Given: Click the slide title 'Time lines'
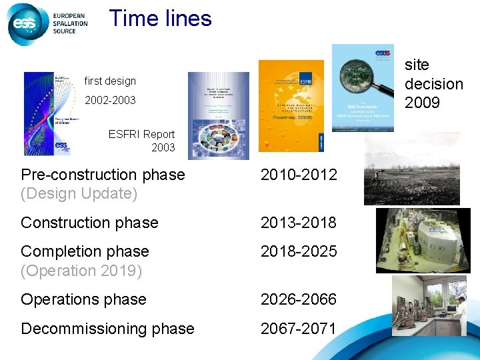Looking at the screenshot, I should click(x=160, y=18).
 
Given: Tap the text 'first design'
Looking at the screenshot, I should click(x=110, y=81).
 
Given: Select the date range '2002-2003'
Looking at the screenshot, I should click(x=110, y=100).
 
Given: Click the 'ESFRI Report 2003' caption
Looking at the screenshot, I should click(x=141, y=141).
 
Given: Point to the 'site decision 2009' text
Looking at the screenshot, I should click(x=433, y=83).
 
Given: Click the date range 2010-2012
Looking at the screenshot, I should click(x=299, y=175).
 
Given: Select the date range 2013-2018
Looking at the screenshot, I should click(x=299, y=223).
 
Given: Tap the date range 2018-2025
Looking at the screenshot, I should click(x=299, y=251).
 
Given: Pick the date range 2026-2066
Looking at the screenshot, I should click(x=299, y=299).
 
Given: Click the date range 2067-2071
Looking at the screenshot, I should click(x=299, y=329).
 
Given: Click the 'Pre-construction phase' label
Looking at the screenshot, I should click(x=103, y=175).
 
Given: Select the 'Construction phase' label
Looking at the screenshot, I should click(x=89, y=223).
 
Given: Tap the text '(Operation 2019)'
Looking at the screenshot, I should click(x=81, y=271).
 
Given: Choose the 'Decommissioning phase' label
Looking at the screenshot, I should click(x=107, y=329).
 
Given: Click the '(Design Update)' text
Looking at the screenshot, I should click(x=79, y=194).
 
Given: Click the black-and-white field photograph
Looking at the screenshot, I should click(x=411, y=169).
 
